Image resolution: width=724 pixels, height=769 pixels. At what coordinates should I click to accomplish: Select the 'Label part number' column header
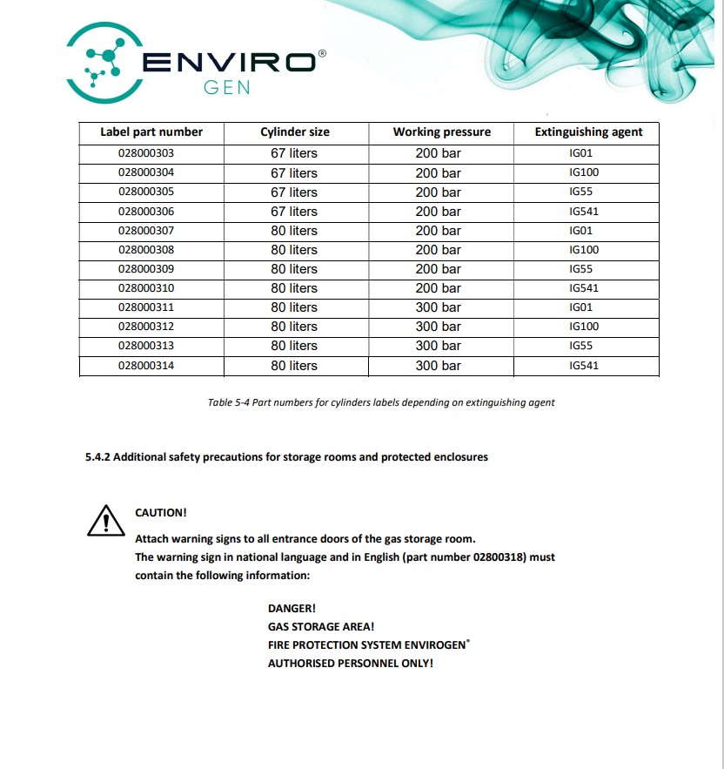(x=151, y=132)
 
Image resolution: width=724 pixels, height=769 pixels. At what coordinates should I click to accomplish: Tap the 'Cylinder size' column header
(x=295, y=132)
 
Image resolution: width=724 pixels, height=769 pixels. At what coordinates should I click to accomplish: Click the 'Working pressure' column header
(x=441, y=132)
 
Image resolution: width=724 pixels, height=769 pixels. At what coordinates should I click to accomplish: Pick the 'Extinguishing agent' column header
(x=588, y=132)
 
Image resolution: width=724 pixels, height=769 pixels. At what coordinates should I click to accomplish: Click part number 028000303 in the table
(x=146, y=153)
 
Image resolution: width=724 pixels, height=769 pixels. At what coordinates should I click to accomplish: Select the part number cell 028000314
(x=146, y=366)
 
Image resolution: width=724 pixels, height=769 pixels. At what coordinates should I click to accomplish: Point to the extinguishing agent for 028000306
(x=584, y=212)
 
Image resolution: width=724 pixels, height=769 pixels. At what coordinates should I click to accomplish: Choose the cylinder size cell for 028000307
(x=294, y=231)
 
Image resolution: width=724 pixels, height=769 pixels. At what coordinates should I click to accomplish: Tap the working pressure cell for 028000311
(x=438, y=307)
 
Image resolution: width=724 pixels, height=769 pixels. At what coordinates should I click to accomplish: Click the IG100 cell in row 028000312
(x=584, y=327)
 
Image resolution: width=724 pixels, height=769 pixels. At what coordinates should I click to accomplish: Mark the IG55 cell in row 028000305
(x=581, y=192)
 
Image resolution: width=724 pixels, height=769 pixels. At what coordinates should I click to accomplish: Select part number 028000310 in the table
(x=146, y=288)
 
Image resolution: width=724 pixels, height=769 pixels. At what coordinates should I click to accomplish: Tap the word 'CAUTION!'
(x=161, y=513)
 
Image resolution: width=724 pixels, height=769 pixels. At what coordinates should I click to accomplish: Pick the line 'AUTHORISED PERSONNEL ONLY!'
(x=351, y=664)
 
